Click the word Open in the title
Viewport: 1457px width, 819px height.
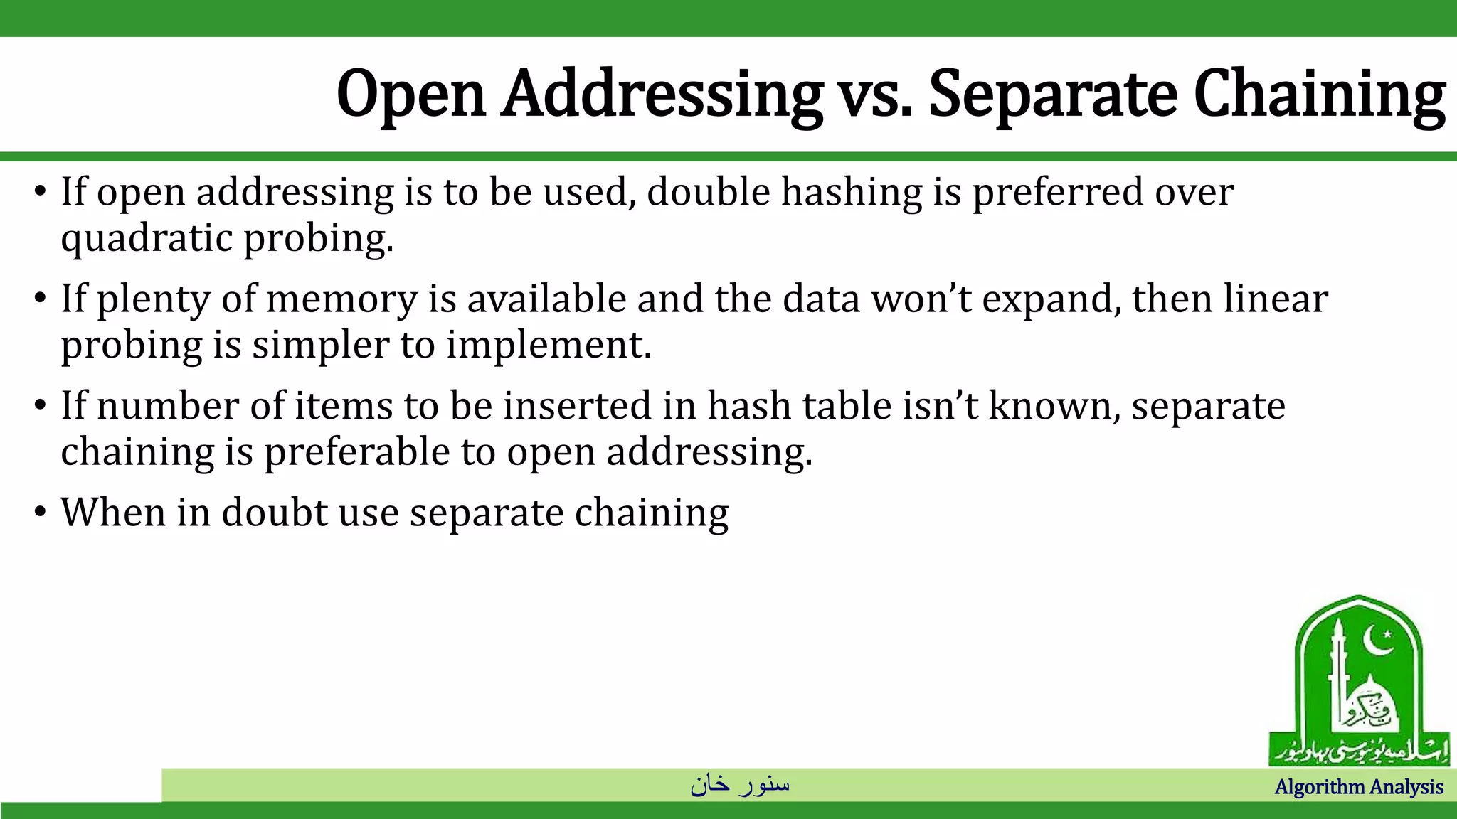click(x=411, y=95)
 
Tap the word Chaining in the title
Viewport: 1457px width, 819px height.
click(x=1319, y=95)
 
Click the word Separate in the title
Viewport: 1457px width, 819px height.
click(x=1053, y=96)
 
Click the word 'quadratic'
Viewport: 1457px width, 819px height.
click(x=146, y=238)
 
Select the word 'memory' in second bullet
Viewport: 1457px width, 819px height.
click(x=341, y=299)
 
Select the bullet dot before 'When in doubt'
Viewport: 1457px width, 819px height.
click(x=41, y=512)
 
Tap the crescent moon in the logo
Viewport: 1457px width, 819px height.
click(x=1379, y=642)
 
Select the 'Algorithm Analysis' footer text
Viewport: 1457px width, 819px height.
click(x=1358, y=787)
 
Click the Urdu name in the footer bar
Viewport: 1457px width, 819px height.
click(x=740, y=784)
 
